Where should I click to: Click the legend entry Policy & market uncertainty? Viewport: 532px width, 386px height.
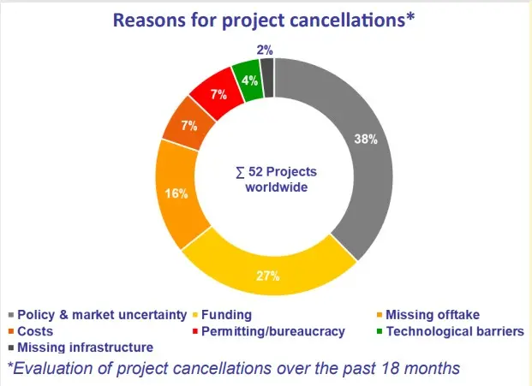pyautogui.click(x=99, y=314)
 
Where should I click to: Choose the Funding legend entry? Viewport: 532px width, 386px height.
pyautogui.click(x=227, y=314)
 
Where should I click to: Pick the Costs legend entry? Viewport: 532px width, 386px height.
pyautogui.click(x=34, y=330)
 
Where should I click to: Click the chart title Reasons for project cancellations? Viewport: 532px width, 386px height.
pyautogui.click(x=266, y=20)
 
